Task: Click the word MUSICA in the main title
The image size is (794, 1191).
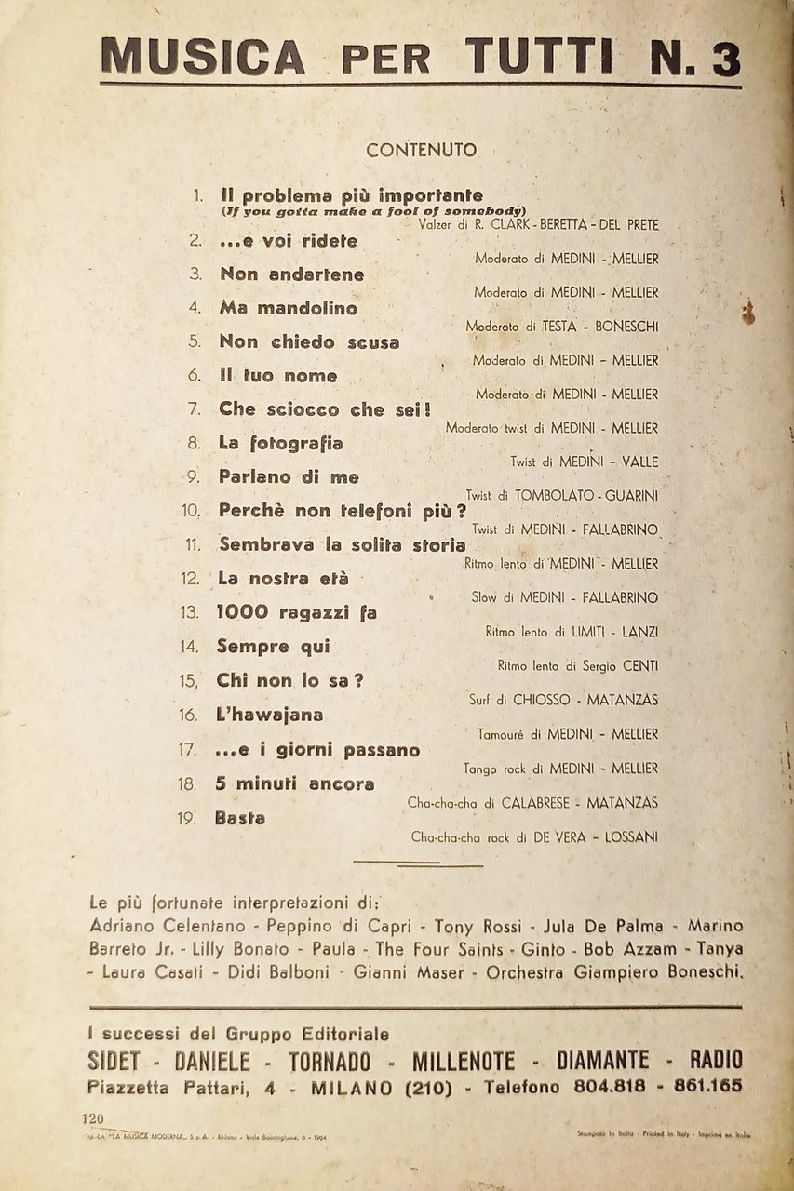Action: [202, 57]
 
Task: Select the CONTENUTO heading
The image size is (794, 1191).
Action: [421, 150]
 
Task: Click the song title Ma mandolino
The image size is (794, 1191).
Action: [288, 308]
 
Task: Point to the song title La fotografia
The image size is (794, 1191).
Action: [280, 443]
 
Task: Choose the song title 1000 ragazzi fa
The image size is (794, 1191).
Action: [296, 612]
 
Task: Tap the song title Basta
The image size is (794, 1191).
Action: [239, 818]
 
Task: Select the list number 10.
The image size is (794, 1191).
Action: [191, 511]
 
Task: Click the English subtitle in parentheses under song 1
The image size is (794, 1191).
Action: [374, 210]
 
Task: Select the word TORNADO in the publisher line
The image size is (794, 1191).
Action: [329, 1061]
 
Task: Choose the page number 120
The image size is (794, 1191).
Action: [94, 1118]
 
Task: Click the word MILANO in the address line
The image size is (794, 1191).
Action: [351, 1087]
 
